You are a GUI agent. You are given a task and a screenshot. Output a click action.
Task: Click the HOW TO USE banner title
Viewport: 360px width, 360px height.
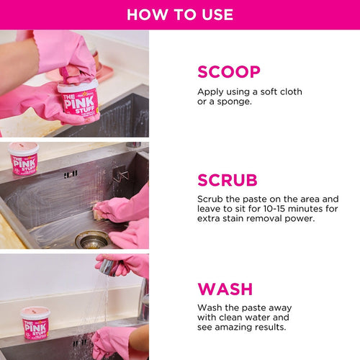pyautogui.click(x=180, y=14)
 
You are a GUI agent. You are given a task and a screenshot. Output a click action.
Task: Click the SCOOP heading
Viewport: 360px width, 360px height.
pyautogui.click(x=229, y=72)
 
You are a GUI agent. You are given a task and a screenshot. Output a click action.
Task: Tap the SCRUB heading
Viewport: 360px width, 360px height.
pyautogui.click(x=227, y=180)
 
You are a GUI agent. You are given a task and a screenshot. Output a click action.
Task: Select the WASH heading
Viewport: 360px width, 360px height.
pyautogui.click(x=225, y=289)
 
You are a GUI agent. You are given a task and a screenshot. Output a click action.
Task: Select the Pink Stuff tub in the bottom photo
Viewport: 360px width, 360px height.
pyautogui.click(x=35, y=324)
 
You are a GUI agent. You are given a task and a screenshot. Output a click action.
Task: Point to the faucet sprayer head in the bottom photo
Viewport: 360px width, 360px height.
pyautogui.click(x=108, y=267)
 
